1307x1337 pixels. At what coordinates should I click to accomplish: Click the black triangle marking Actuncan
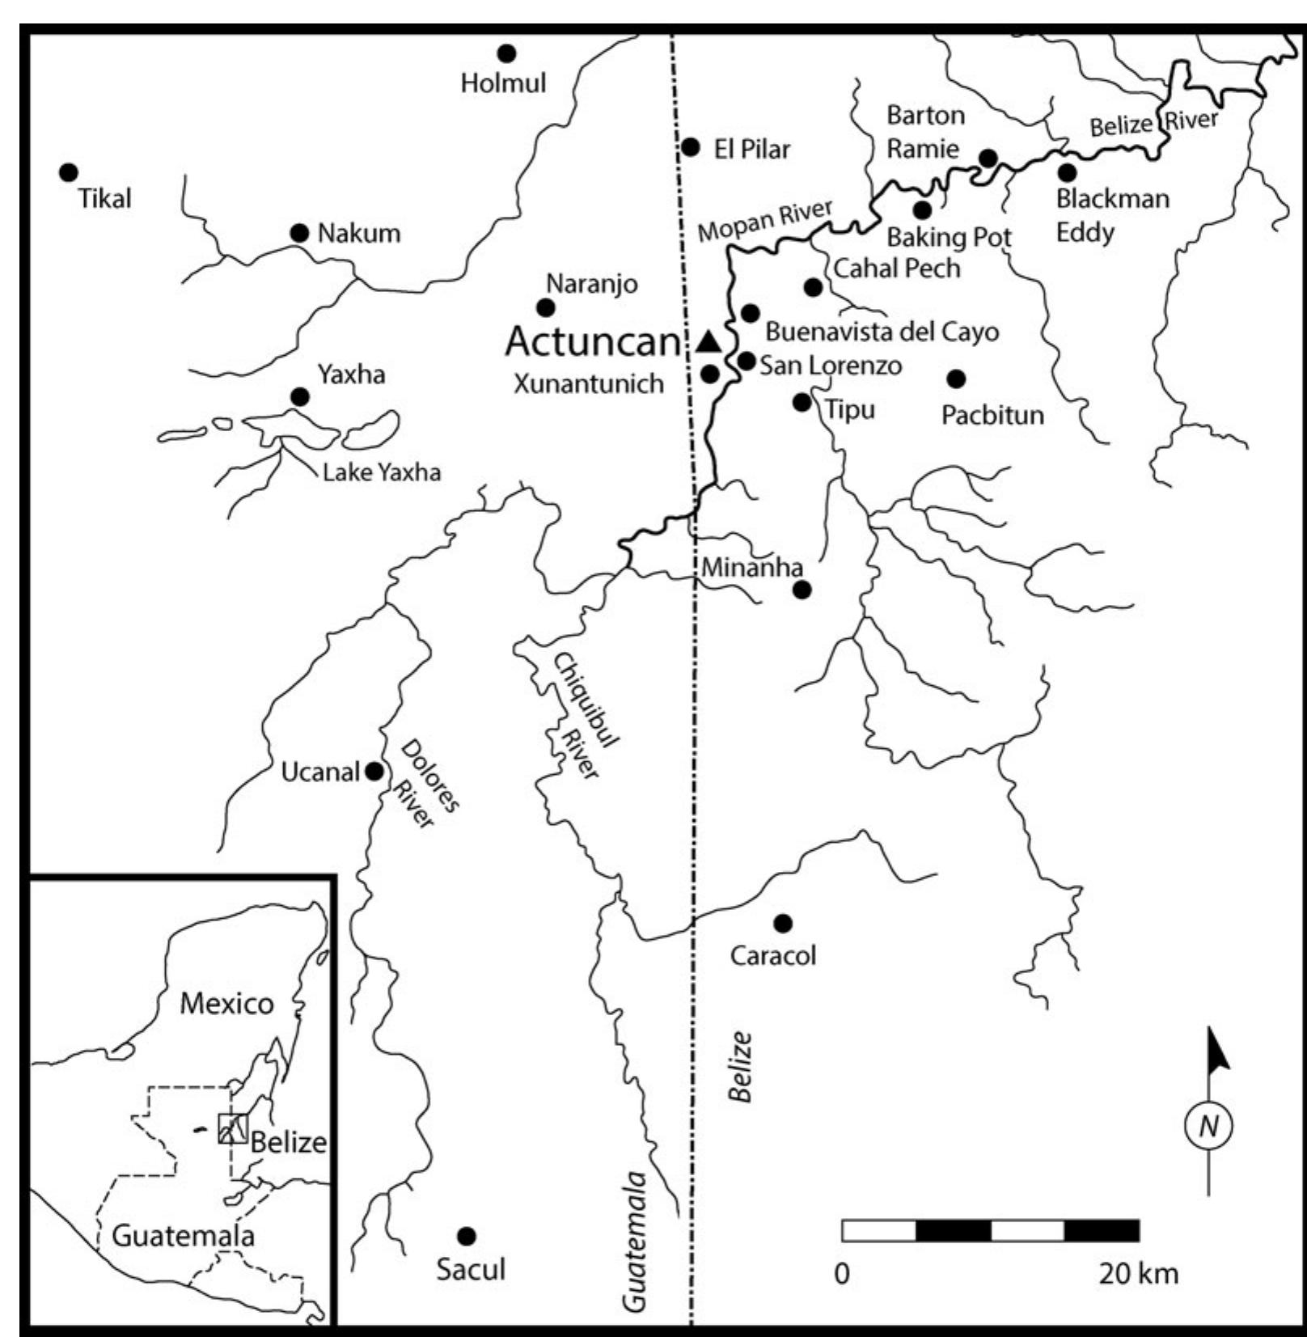[708, 342]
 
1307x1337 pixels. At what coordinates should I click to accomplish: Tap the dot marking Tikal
[69, 172]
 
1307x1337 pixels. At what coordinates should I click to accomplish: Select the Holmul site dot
[506, 53]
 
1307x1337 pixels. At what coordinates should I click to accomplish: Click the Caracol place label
[772, 955]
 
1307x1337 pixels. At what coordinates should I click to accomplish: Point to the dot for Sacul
[466, 1236]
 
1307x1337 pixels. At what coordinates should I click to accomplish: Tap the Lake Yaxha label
[381, 472]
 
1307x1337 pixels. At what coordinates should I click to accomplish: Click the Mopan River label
[764, 220]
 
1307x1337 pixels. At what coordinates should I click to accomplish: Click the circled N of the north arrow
[1208, 1125]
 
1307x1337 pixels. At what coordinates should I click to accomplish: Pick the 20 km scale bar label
[1138, 1274]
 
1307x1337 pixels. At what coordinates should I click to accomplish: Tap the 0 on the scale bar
[842, 1274]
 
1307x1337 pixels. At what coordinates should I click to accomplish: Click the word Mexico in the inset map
[226, 1004]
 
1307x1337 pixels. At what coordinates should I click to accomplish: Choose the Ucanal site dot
[374, 771]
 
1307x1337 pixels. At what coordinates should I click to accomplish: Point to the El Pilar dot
[691, 147]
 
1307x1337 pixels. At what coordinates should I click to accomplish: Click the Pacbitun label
[992, 415]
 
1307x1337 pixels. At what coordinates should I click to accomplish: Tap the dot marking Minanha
[802, 590]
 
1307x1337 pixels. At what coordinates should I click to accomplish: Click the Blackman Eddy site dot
[1067, 171]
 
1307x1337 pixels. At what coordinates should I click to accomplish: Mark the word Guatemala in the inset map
[183, 1236]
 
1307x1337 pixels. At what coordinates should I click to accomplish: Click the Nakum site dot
[299, 233]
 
